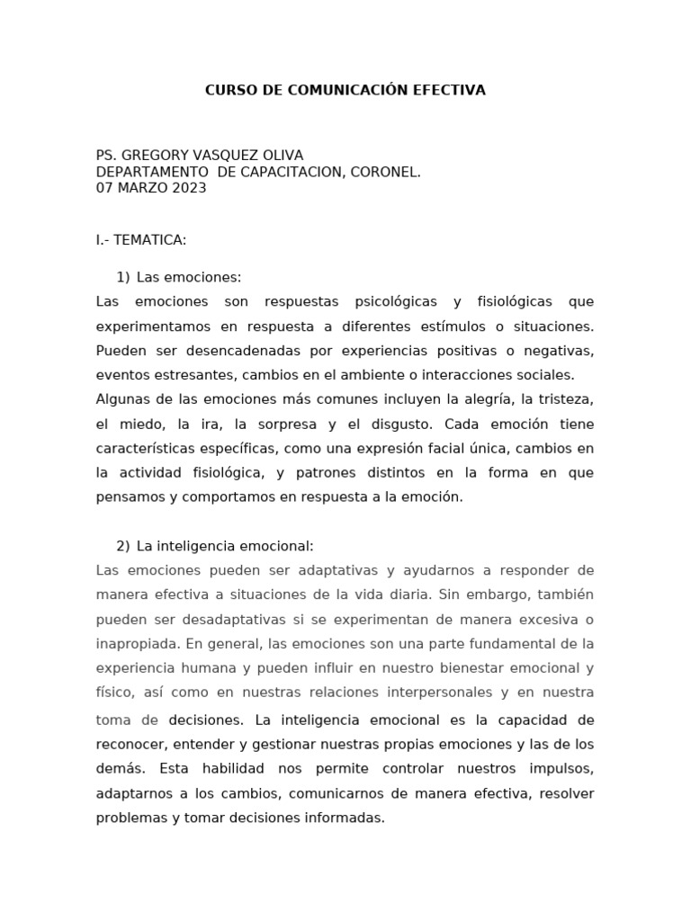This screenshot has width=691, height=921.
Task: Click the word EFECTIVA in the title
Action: click(449, 90)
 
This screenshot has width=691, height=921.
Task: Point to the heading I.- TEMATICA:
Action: click(141, 240)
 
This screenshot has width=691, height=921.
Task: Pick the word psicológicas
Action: click(395, 301)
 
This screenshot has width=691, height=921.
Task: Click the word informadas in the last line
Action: click(347, 818)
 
